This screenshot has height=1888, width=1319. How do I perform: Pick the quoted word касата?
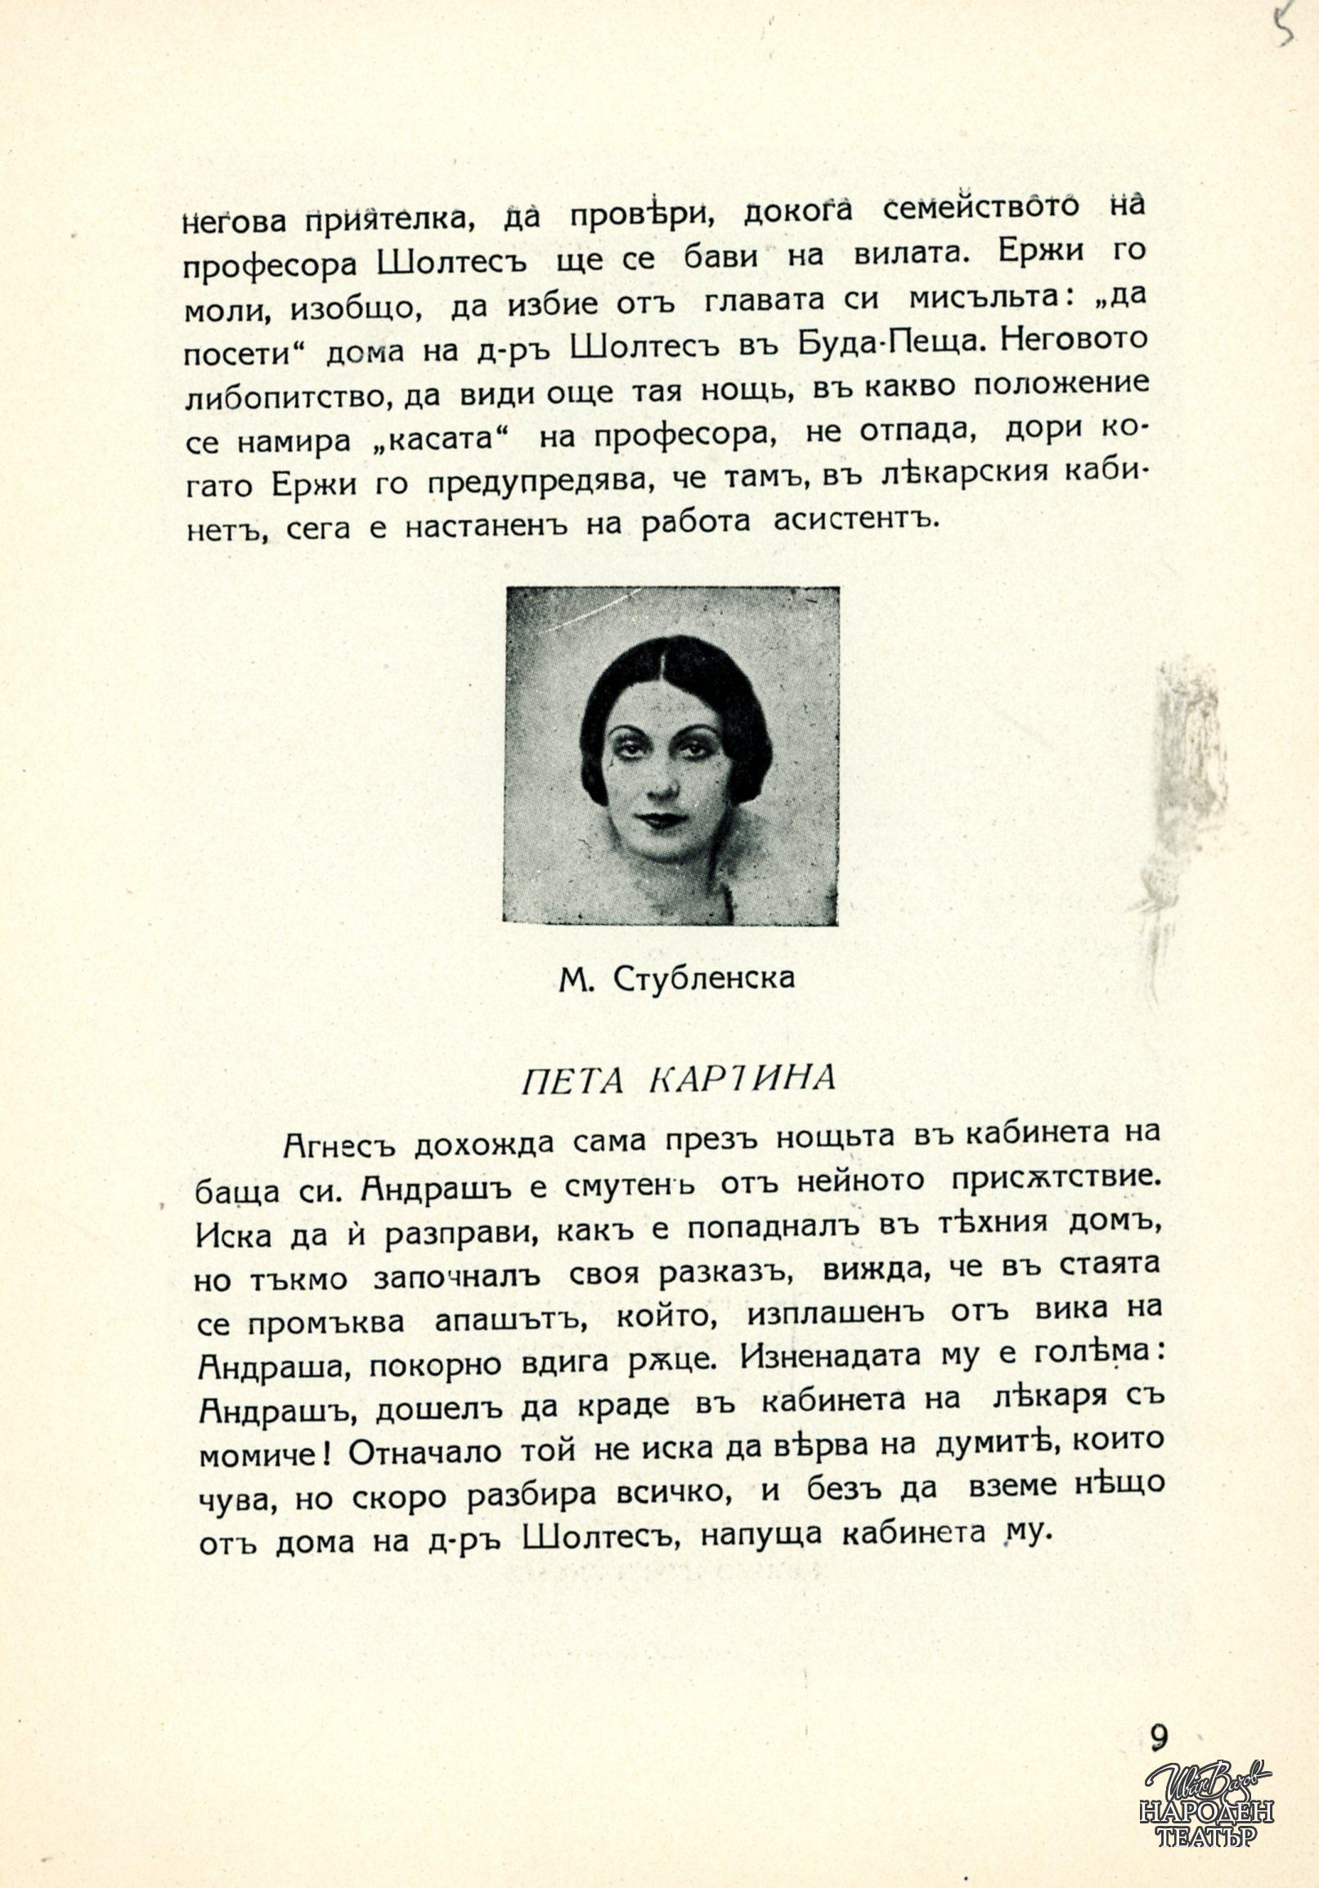point(445,442)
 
